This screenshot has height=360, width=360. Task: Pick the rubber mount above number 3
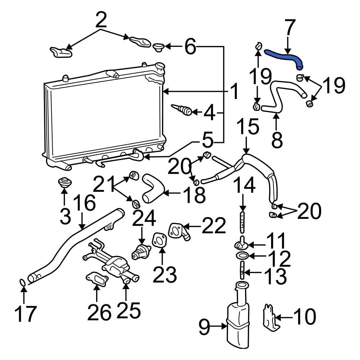tap(65, 182)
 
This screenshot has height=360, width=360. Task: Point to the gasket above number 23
tap(159, 240)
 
